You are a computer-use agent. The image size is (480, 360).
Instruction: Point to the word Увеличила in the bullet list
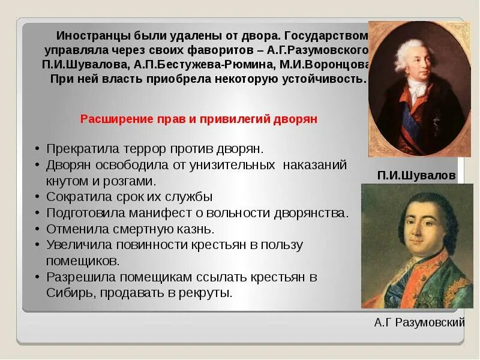pos(76,245)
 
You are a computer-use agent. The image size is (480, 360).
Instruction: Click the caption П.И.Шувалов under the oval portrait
pos(416,175)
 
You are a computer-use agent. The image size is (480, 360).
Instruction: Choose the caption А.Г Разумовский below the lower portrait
pos(419,323)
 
